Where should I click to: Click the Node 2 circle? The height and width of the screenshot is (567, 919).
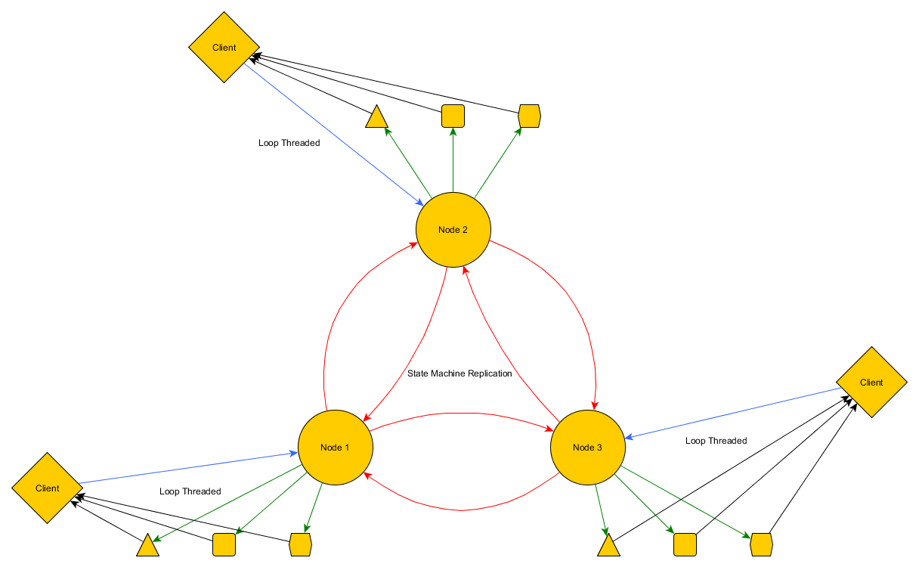point(453,230)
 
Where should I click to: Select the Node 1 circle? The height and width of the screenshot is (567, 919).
point(335,448)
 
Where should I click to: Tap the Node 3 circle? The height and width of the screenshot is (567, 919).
point(587,448)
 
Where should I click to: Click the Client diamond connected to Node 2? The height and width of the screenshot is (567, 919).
point(224,48)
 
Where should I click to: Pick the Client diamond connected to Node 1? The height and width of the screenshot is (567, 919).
point(47,488)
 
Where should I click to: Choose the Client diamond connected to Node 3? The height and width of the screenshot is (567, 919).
point(871,383)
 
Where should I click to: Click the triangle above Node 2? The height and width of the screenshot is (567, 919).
point(376,119)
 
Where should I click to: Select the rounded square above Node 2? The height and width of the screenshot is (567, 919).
point(453,116)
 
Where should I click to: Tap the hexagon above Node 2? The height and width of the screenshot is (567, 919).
point(530,116)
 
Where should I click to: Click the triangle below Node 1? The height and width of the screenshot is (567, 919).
point(147,547)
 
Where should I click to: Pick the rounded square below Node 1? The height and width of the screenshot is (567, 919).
point(224,544)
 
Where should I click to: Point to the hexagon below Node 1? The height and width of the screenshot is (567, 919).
point(301,544)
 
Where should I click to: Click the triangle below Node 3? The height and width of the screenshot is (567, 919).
point(608,547)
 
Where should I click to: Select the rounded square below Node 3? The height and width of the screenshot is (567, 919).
point(685,544)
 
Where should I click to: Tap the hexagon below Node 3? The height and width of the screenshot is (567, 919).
point(761,544)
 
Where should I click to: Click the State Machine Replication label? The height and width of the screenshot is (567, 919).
point(460,373)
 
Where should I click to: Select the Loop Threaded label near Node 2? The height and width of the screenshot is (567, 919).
point(289,143)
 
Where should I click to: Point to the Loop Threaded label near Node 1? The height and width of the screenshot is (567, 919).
point(190,491)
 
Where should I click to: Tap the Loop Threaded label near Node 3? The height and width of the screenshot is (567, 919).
point(716,441)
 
